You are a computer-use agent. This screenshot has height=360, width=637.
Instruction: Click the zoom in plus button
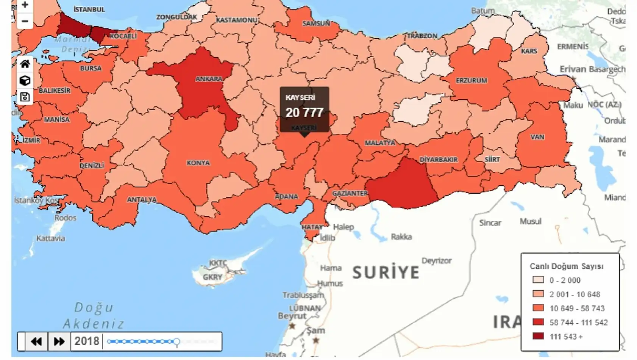[x=25, y=5]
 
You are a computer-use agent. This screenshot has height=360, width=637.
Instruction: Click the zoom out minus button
[x=25, y=21]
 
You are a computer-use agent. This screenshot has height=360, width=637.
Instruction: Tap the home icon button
[x=25, y=64]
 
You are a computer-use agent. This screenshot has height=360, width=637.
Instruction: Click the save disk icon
[x=25, y=97]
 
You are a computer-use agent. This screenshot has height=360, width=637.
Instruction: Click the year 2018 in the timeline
[x=87, y=341]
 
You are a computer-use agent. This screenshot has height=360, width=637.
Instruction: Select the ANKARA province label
[x=209, y=79]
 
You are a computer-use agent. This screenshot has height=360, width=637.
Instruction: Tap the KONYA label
[x=198, y=163]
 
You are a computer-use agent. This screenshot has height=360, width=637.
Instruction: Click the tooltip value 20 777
[x=304, y=113]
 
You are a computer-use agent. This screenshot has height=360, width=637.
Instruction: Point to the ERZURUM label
[x=472, y=81]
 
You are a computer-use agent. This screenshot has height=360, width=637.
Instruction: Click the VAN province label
[x=537, y=137]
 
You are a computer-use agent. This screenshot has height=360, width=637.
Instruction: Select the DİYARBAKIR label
[x=439, y=160]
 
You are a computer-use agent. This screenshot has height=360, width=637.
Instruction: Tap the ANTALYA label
[x=142, y=199]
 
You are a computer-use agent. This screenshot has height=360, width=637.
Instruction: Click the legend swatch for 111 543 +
[x=538, y=336]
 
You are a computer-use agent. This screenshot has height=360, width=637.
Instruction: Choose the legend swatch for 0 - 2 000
[x=538, y=280]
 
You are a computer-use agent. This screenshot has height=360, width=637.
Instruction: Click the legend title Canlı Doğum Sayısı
[x=566, y=266]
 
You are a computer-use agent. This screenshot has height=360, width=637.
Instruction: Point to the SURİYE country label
[x=386, y=272]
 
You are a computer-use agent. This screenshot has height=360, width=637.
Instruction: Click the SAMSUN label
[x=316, y=23]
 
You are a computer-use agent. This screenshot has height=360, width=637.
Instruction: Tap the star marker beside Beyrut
[x=292, y=326]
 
